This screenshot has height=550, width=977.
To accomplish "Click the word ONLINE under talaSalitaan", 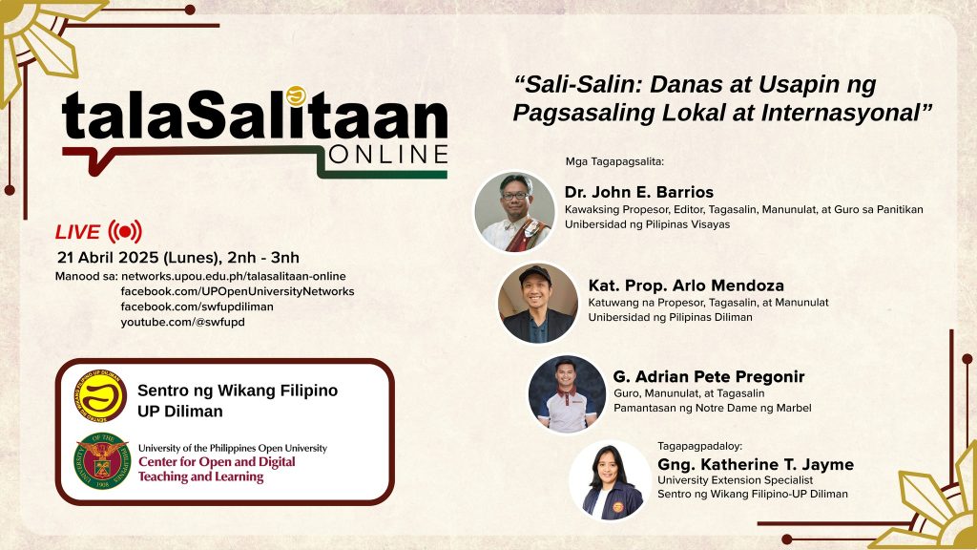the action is click(x=387, y=155).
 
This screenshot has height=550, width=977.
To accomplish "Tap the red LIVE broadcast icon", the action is click(x=125, y=232).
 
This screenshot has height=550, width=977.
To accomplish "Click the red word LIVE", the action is click(x=77, y=232).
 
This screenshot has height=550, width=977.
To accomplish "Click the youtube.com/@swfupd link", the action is click(x=182, y=322).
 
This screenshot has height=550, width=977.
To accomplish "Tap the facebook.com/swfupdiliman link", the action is click(x=197, y=307).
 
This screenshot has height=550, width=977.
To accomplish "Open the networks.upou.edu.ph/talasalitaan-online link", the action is click(x=233, y=276).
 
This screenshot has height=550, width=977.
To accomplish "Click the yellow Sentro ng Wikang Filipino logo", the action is click(x=100, y=395).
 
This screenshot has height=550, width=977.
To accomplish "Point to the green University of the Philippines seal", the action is click(x=102, y=461).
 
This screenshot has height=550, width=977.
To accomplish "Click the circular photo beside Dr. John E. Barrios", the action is click(x=514, y=212).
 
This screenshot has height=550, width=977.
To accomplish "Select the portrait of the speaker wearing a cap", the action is click(x=538, y=303).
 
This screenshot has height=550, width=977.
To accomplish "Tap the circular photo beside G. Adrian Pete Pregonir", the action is click(x=567, y=394).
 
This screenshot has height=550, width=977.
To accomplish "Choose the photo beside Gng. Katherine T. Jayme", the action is click(x=610, y=480).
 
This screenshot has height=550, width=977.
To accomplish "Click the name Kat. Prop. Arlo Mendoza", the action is click(x=686, y=286).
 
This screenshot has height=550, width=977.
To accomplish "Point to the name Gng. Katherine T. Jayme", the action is click(x=756, y=465).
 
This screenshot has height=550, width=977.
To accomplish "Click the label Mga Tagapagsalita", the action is click(x=615, y=161).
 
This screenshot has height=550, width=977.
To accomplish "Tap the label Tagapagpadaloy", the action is click(x=700, y=446).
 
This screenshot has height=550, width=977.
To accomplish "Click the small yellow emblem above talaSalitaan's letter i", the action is click(x=296, y=95).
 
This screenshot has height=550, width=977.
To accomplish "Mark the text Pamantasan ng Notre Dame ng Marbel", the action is click(x=712, y=408).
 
